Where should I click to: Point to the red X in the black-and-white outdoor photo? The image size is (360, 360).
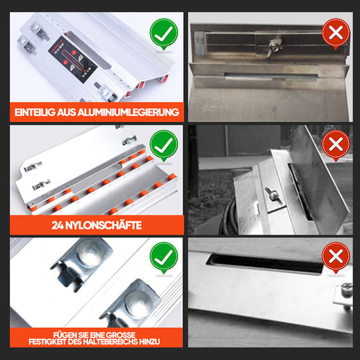(x=336, y=144)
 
